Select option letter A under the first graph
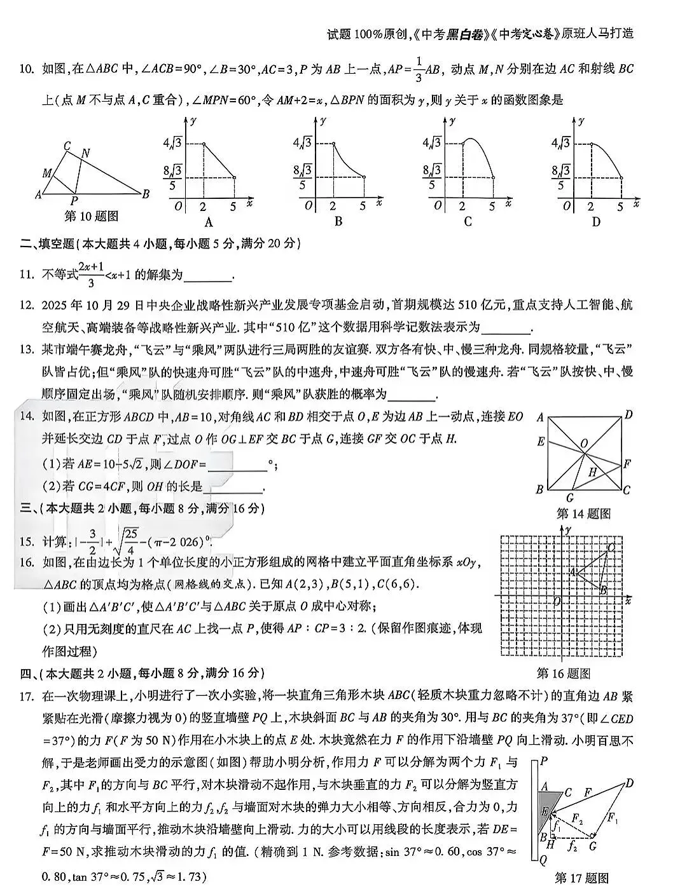[208, 222]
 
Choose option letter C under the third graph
[468, 222]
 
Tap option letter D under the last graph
[596, 222]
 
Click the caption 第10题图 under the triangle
[92, 216]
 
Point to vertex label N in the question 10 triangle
[85, 153]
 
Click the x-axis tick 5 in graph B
[363, 206]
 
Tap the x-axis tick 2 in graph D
[590, 206]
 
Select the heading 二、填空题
[48, 243]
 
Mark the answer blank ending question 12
[506, 329]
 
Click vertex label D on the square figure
[628, 415]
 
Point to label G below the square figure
[569, 498]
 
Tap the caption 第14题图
[583, 513]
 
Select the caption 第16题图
[564, 674]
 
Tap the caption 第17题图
[581, 878]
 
